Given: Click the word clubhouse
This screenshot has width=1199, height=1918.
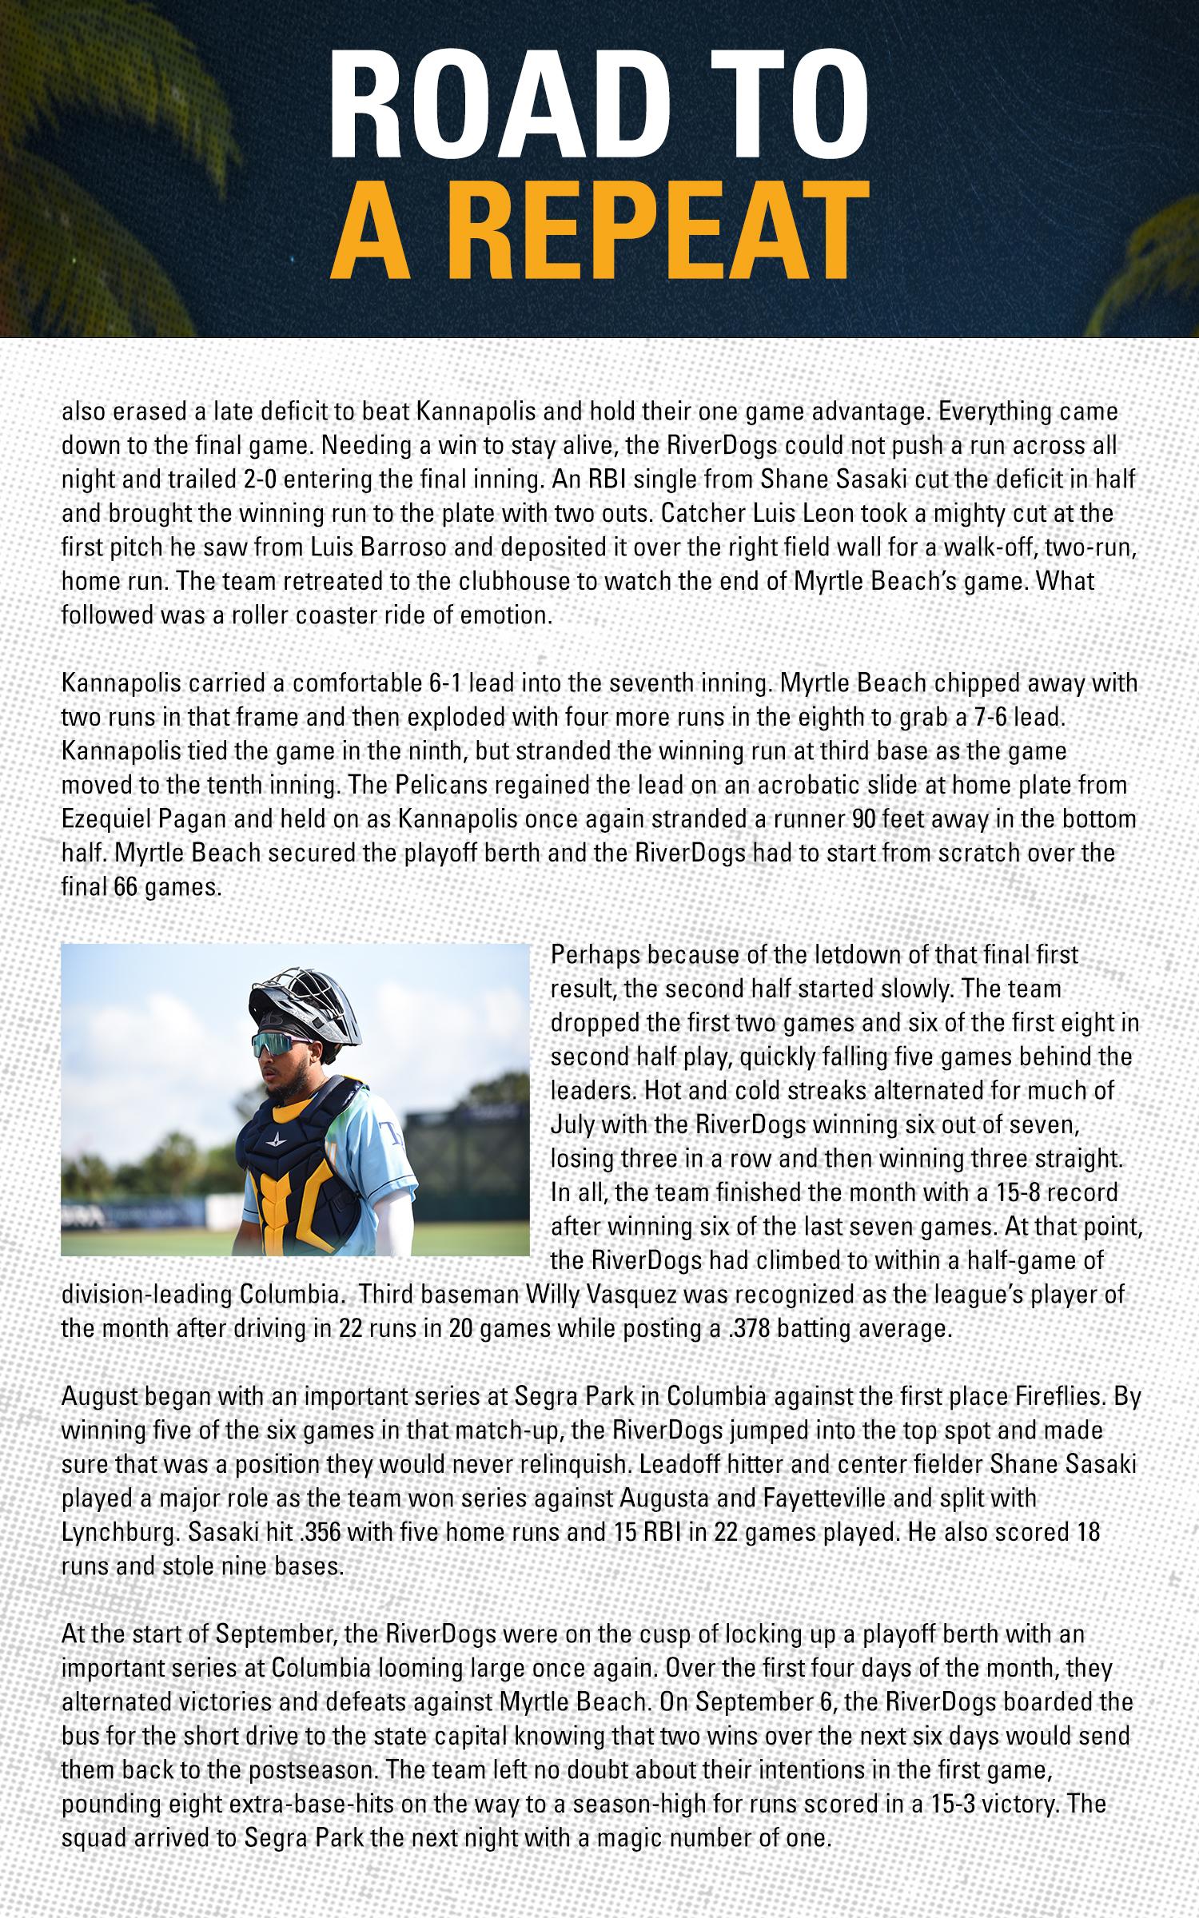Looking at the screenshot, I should (x=505, y=582).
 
